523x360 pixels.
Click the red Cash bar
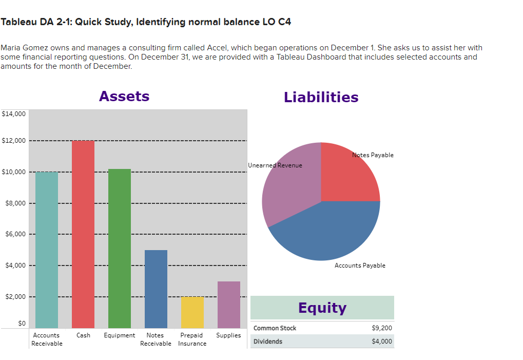click(83, 234)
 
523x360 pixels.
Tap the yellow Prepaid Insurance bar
click(192, 312)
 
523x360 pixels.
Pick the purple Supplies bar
click(228, 305)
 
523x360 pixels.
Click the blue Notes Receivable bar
click(156, 289)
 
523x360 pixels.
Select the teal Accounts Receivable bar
click(46, 250)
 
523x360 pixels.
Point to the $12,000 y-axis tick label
click(14, 141)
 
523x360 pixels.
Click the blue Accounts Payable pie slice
click(328, 231)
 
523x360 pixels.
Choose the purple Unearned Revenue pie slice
click(287, 190)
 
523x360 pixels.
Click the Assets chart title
click(124, 96)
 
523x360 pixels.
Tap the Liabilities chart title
click(321, 97)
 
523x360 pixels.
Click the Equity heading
click(322, 308)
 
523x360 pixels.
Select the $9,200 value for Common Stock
click(381, 328)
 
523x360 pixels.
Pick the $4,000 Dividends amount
click(381, 342)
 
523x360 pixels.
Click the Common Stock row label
click(275, 328)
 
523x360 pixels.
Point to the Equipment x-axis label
click(119, 335)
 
